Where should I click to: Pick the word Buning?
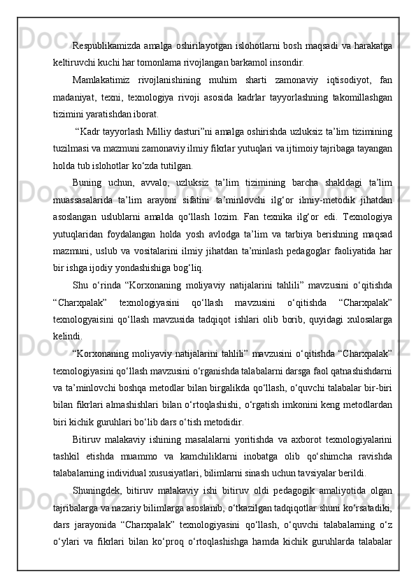[87, 182]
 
